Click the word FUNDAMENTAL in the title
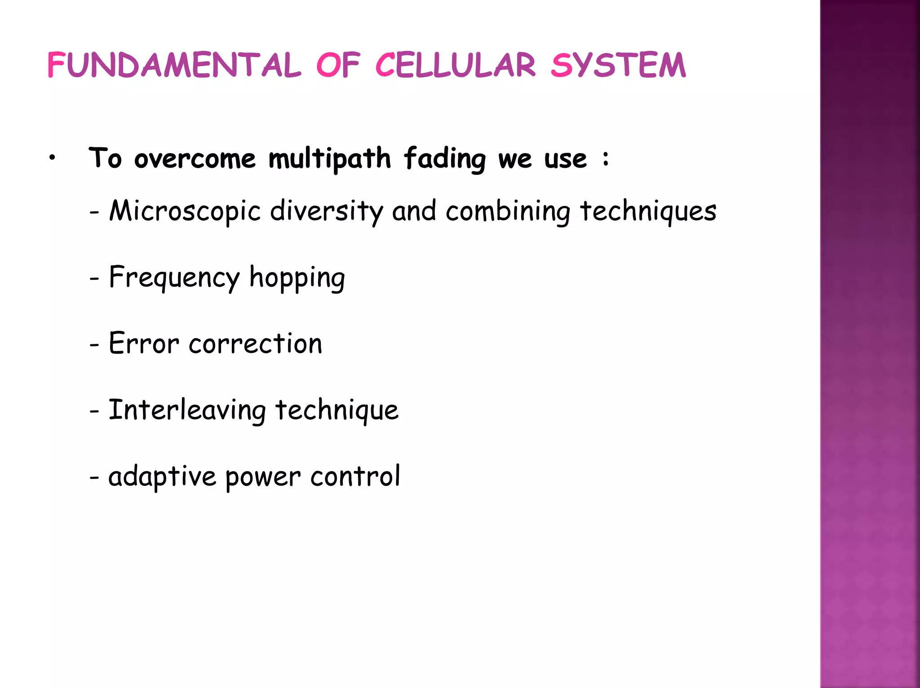pos(174,65)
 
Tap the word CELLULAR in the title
pos(456,65)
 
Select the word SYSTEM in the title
pos(619,65)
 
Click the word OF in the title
pos(338,65)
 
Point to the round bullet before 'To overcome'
pos(53,158)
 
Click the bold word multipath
pos(330,159)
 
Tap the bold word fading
pos(445,159)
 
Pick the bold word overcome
pos(195,159)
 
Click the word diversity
pos(327,211)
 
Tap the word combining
pos(508,211)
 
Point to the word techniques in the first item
pos(648,211)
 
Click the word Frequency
pos(175,277)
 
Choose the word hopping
pos(297,277)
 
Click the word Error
pos(144,344)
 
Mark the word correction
pos(256,344)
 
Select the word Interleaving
pos(187,410)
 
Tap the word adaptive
pos(162,476)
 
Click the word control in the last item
pos(355,476)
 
